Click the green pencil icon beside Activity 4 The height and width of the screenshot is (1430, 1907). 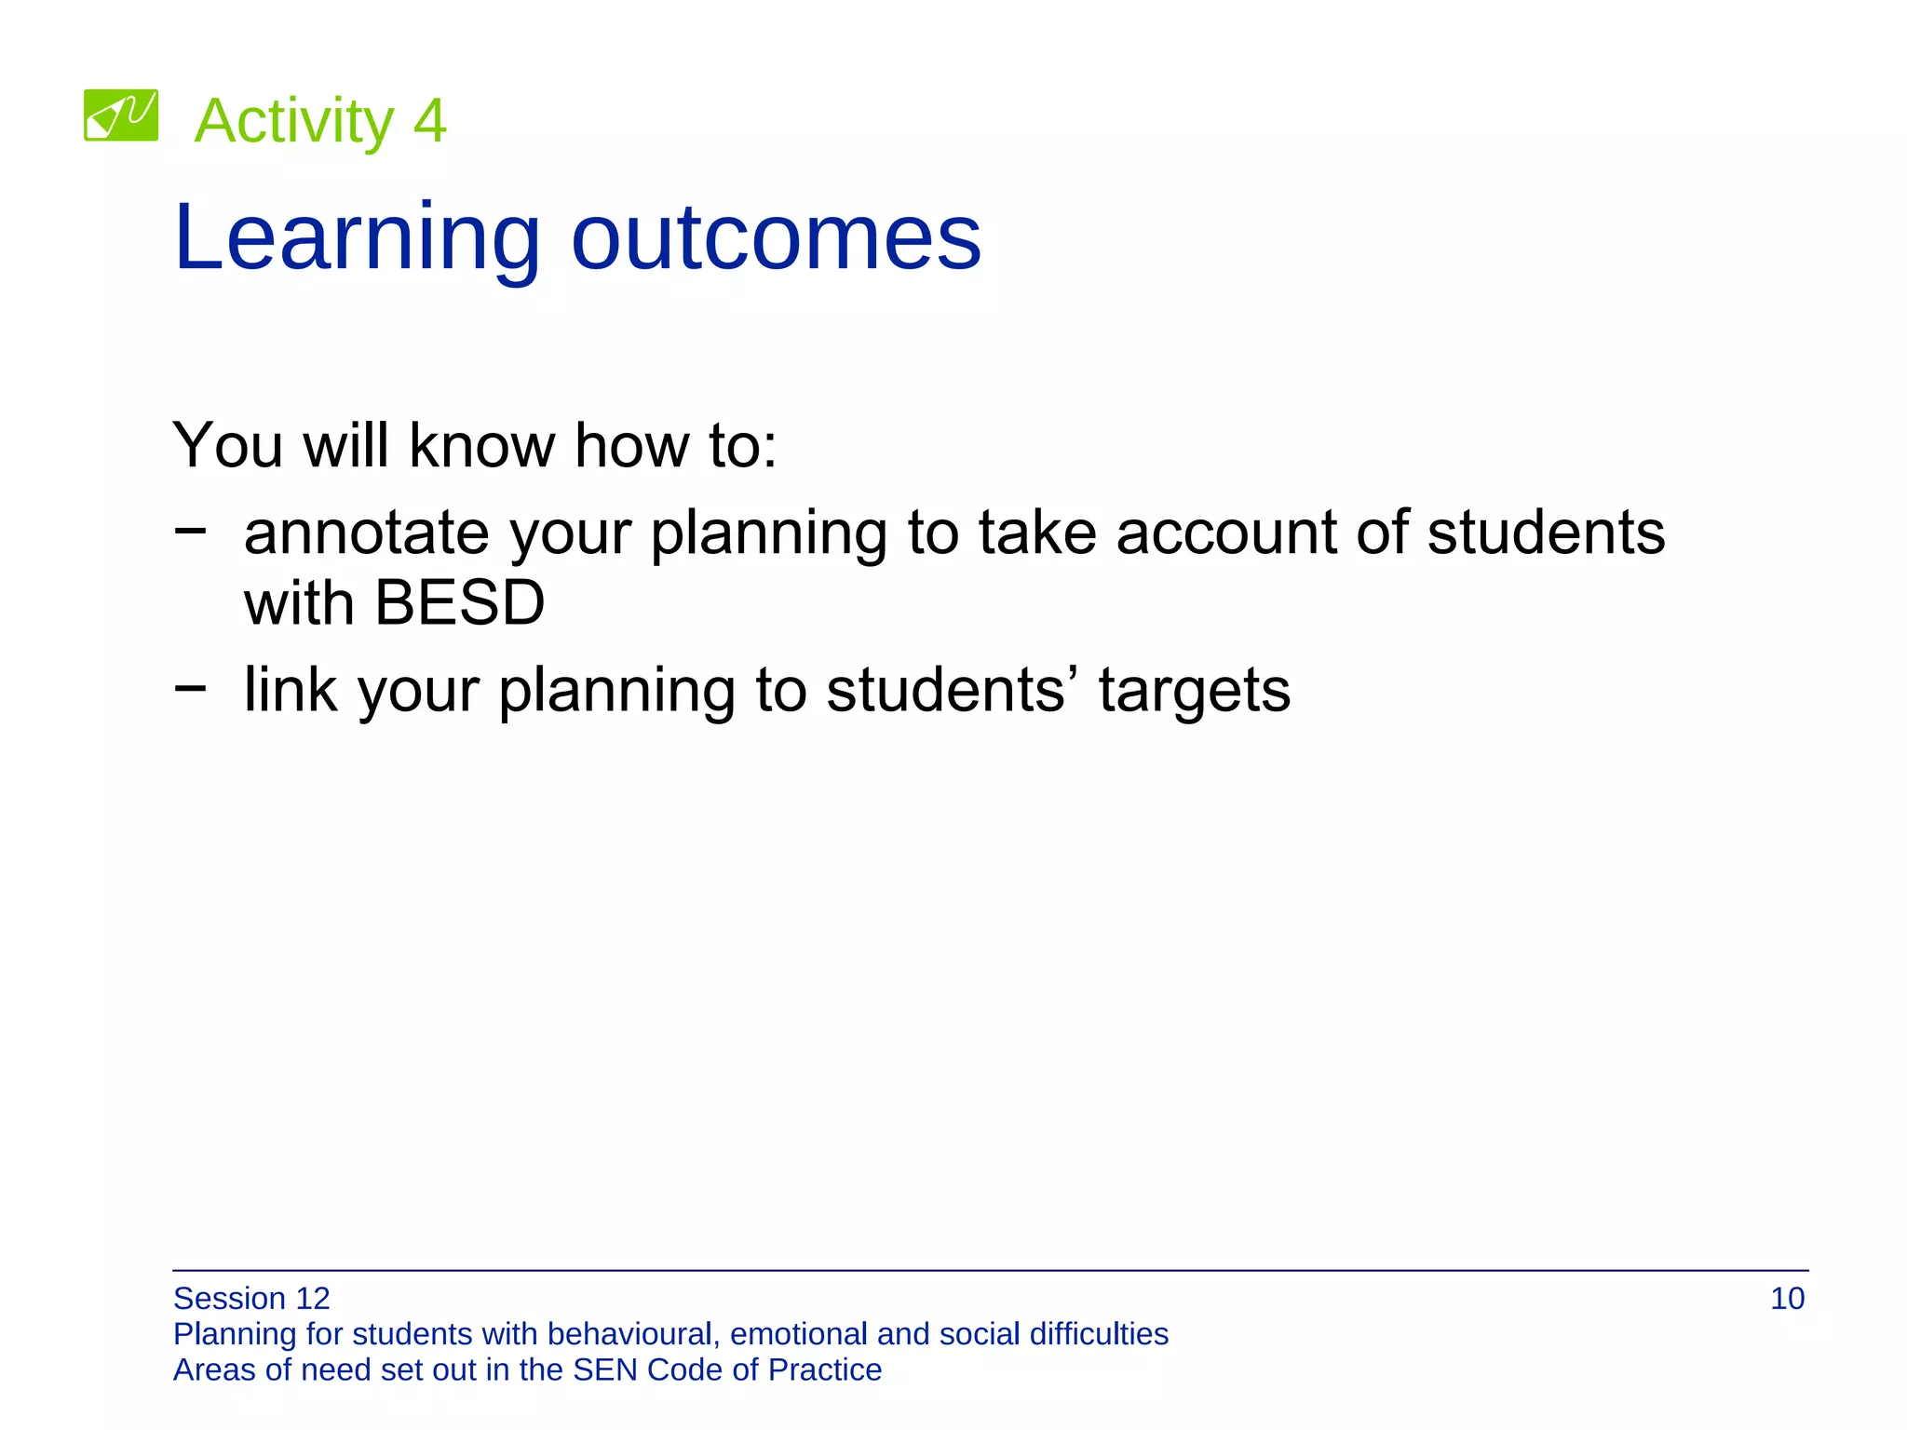121,115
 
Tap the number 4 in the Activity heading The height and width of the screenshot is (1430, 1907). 429,121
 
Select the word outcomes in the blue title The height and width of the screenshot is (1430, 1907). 776,239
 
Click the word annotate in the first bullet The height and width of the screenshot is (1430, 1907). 366,533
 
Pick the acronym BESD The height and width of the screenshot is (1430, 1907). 459,603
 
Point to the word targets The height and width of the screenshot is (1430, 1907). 1194,692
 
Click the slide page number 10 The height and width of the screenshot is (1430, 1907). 1787,1299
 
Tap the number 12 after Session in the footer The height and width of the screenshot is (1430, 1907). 312,1299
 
